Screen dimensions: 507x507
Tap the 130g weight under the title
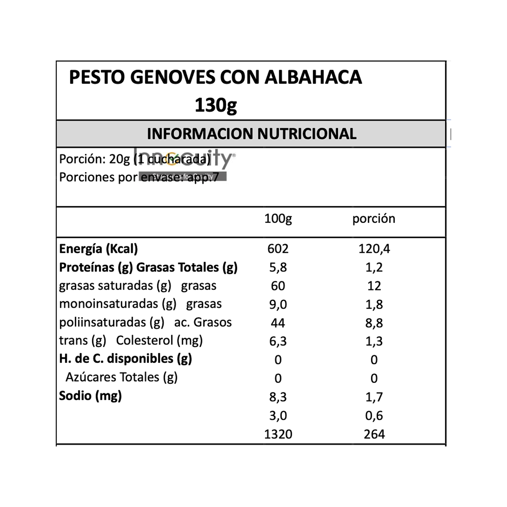216,105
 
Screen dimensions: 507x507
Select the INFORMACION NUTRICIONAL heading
251,134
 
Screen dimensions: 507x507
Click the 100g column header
278,219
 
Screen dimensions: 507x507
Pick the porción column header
373,219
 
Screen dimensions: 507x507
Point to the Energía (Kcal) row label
98,249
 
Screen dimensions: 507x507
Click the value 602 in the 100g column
278,249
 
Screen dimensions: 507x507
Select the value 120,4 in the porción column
374,249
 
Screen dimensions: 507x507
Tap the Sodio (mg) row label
90,395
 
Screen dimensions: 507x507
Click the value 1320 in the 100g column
278,434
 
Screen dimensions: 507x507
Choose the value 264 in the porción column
374,434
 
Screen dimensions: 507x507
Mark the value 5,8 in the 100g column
278,267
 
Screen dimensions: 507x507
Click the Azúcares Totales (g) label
121,377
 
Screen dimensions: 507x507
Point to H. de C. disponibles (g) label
125,359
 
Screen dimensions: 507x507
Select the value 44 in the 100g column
278,323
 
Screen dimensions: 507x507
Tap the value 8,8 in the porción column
374,323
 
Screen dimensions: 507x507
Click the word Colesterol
144,340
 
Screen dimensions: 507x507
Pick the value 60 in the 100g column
278,286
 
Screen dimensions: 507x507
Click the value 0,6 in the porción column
374,415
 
